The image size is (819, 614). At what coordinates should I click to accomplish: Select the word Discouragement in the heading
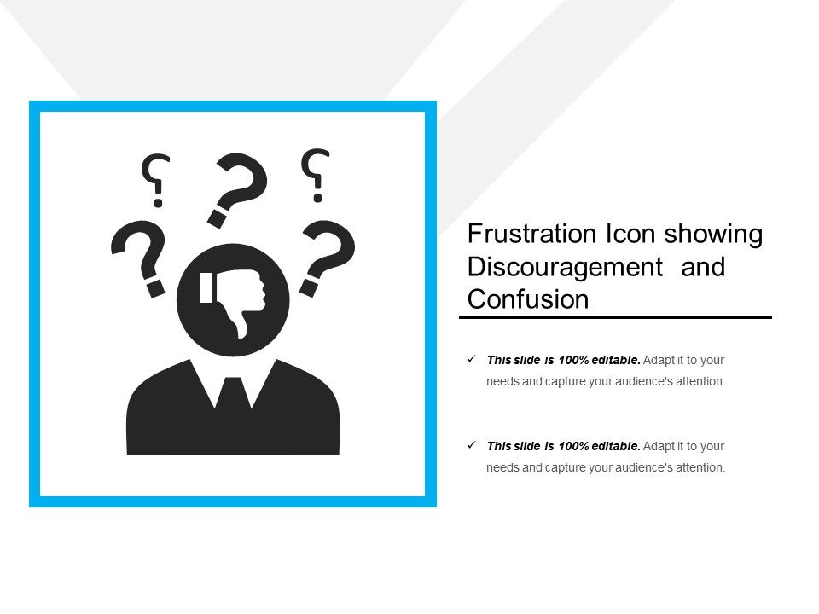(566, 267)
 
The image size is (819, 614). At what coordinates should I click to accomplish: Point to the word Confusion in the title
(528, 299)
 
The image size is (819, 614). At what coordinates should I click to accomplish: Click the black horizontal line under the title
(615, 317)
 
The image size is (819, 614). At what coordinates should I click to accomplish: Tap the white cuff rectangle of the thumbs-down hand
(206, 288)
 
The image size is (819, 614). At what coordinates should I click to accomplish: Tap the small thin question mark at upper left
(155, 180)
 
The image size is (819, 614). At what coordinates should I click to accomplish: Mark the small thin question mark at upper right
(317, 175)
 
